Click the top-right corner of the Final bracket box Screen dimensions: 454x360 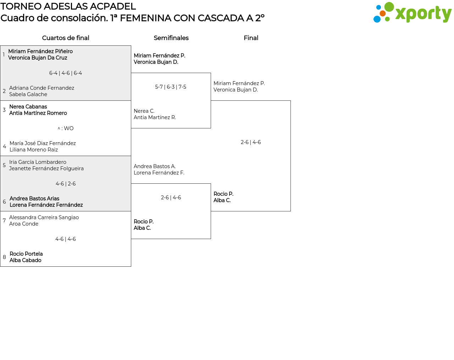pyautogui.click(x=290, y=101)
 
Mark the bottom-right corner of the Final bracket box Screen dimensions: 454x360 pyautogui.click(x=290, y=211)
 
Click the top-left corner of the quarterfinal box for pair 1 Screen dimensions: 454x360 pyautogui.click(x=0, y=46)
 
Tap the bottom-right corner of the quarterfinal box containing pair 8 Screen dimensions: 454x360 pyautogui.click(x=131, y=266)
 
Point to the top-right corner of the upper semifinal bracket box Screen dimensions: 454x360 pyautogui.click(x=211, y=73)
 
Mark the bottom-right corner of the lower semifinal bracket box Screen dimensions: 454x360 pyautogui.click(x=211, y=239)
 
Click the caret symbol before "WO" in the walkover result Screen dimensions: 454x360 pyautogui.click(x=59, y=128)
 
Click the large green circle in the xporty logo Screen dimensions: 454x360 pyautogui.click(x=389, y=7)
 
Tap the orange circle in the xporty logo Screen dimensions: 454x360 pyautogui.click(x=383, y=13)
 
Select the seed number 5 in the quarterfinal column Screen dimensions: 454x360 pyautogui.click(x=4, y=165)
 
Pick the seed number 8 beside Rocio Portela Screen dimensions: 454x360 pyautogui.click(x=4, y=257)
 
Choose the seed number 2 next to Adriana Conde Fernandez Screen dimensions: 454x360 pyautogui.click(x=4, y=91)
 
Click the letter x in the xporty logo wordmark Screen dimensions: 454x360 pyautogui.click(x=401, y=14)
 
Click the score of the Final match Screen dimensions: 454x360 pyautogui.click(x=251, y=142)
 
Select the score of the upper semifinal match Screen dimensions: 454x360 pyautogui.click(x=171, y=87)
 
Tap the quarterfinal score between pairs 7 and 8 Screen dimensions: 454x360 pyautogui.click(x=66, y=239)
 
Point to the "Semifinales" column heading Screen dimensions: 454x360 pyautogui.click(x=171, y=38)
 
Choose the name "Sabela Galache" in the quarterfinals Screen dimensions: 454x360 pyautogui.click(x=28, y=94)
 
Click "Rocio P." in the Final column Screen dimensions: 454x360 pyautogui.click(x=223, y=194)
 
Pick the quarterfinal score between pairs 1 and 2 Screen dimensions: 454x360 pyautogui.click(x=66, y=73)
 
